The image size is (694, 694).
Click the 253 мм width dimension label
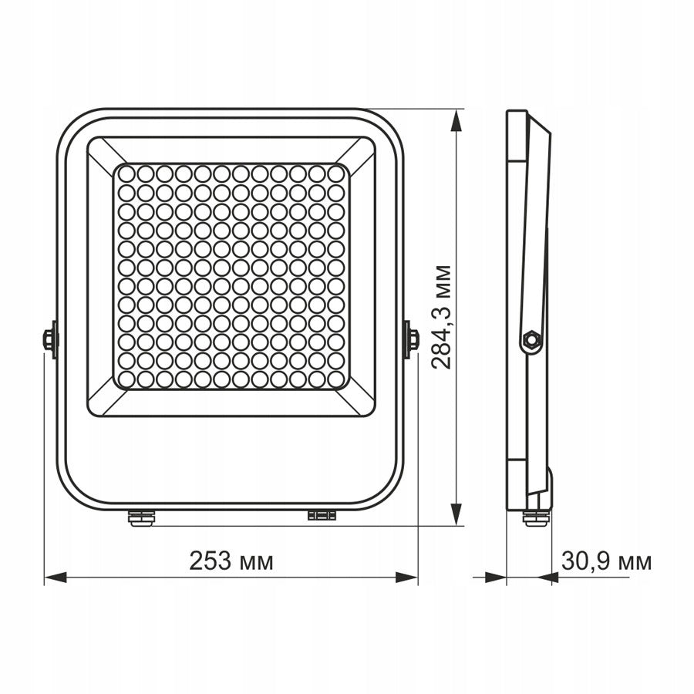(231, 561)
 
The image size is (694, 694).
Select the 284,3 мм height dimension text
(441, 317)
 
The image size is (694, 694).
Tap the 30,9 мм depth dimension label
(606, 561)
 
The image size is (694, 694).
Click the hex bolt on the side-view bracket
(531, 340)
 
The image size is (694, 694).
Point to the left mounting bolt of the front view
(49, 339)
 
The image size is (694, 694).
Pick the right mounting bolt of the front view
(412, 339)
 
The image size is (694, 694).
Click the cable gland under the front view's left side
(141, 517)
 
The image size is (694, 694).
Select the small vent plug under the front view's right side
(322, 515)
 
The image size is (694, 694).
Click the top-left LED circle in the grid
(126, 174)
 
